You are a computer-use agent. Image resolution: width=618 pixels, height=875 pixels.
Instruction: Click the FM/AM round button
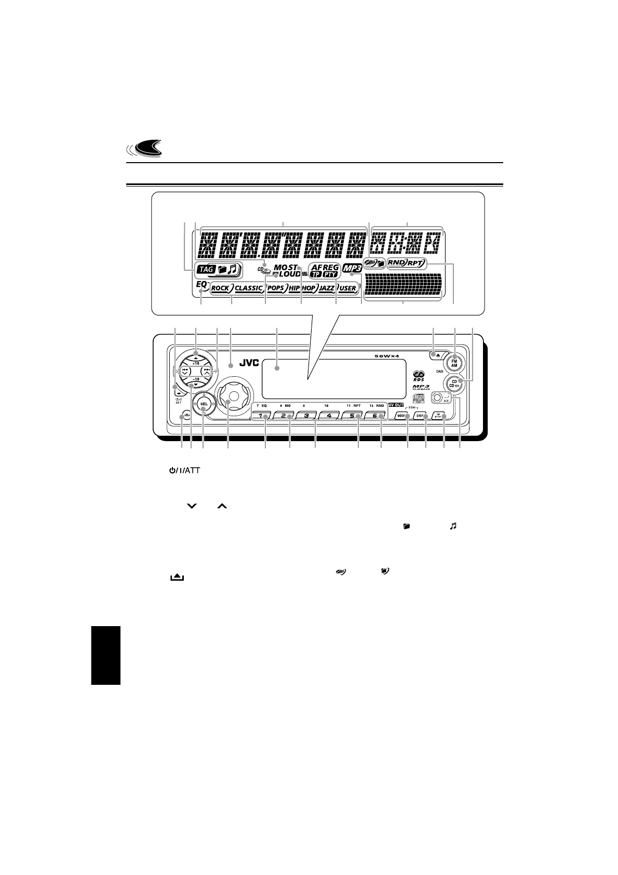[x=454, y=362]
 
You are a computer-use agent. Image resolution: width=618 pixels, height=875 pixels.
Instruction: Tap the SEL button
[x=204, y=404]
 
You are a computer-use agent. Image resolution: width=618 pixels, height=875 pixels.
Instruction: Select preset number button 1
[x=264, y=416]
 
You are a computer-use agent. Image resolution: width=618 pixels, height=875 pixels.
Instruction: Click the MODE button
[x=402, y=416]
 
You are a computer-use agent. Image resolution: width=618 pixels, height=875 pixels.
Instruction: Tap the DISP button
[x=421, y=416]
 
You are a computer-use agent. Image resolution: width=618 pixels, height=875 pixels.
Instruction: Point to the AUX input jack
[x=438, y=399]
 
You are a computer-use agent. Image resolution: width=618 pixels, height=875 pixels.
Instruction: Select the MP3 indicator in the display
[x=352, y=269]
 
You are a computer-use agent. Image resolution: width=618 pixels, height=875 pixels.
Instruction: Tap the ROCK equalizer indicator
[x=220, y=288]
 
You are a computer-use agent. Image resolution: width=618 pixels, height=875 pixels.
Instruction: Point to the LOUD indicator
[x=289, y=274]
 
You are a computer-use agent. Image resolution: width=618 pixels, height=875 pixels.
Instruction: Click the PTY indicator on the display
[x=330, y=274]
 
